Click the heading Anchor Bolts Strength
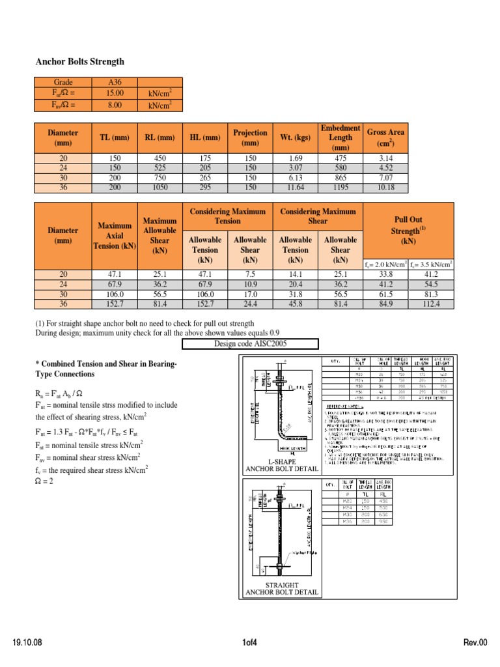[79, 62]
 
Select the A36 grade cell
[105, 83]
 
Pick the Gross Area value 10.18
[385, 188]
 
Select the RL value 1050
[159, 188]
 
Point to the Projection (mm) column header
[250, 137]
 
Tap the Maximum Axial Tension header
[115, 235]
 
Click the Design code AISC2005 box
[250, 344]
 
